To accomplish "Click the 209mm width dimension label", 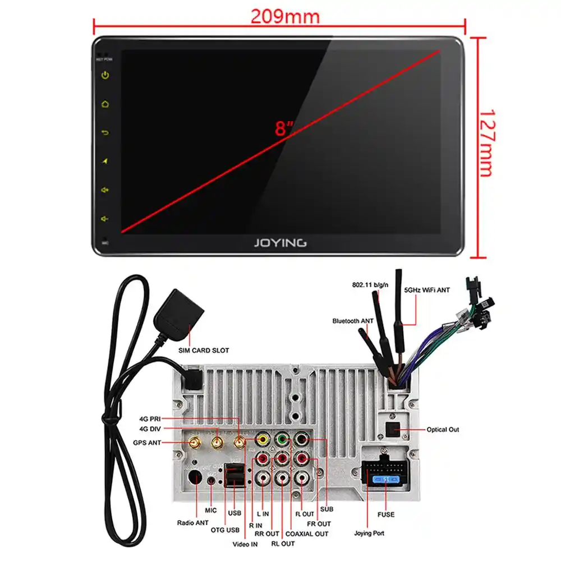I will click(284, 16).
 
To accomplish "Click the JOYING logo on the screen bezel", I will click(280, 243).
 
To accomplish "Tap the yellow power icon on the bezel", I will click(105, 75).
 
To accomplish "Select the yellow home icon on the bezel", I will click(105, 104).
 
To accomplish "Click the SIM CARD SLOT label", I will click(204, 351).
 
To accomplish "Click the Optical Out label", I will click(443, 430).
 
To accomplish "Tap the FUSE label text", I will click(386, 514).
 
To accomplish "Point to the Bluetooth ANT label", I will click(353, 321).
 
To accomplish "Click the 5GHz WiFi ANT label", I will click(427, 289).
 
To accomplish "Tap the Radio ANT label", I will click(192, 523).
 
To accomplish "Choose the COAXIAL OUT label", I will click(306, 534).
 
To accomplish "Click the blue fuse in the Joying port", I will click(386, 480).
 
